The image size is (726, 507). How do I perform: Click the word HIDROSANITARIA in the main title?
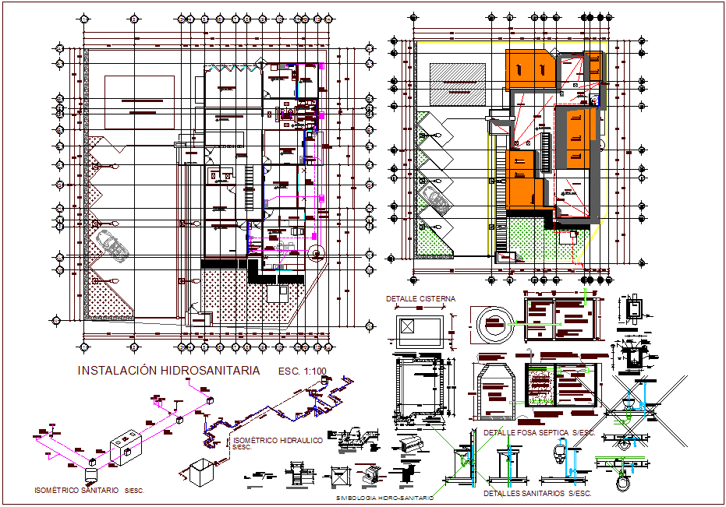(x=210, y=371)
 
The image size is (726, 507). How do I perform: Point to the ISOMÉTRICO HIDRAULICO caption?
(x=278, y=441)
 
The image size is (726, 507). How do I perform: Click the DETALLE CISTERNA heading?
(x=420, y=299)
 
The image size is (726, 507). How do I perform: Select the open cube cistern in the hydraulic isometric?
(x=197, y=472)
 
